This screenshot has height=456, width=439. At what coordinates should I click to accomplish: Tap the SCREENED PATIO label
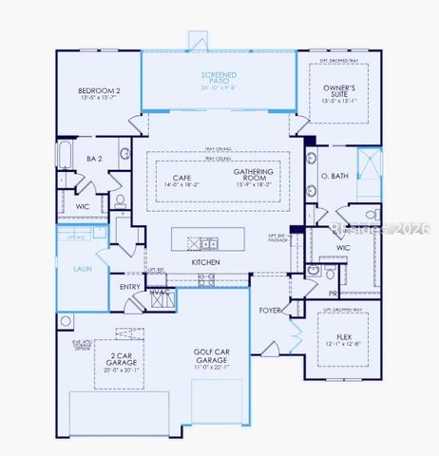(x=219, y=77)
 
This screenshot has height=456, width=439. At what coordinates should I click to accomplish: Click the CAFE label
(x=182, y=177)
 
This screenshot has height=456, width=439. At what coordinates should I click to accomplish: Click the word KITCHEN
(x=206, y=261)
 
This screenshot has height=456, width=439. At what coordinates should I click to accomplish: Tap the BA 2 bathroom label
(x=94, y=160)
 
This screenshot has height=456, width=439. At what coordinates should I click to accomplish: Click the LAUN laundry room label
(x=84, y=269)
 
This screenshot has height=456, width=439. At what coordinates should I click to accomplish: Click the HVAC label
(x=159, y=292)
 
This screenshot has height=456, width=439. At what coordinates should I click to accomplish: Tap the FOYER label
(x=270, y=311)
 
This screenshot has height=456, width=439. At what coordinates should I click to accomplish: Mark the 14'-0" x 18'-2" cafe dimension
(x=182, y=184)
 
